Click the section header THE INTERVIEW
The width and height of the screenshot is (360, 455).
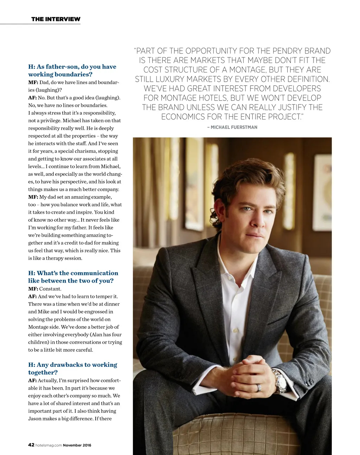point(56,19)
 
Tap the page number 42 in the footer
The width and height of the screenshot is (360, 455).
point(31,445)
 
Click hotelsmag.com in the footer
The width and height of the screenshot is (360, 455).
point(49,445)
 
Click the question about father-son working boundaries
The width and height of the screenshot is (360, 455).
point(72,70)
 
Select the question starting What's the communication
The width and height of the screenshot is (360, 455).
point(73,277)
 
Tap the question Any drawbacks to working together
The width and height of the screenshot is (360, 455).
point(72,369)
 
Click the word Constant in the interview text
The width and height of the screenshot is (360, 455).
point(50,289)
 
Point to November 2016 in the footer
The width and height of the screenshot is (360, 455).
point(77,445)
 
